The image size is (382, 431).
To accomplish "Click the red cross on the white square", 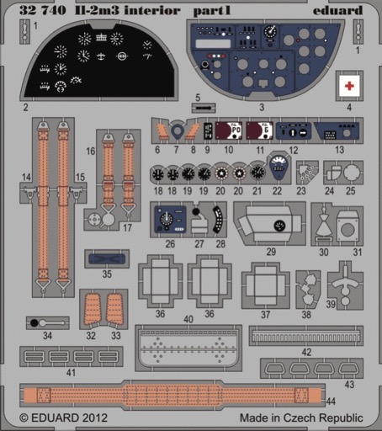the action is pos(349,86).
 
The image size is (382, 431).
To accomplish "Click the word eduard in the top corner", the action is pos(337,11).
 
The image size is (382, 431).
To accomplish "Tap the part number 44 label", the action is pos(331,402).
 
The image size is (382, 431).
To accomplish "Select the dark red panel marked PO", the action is pos(229,130).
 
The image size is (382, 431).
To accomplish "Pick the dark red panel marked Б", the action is pos(260,130).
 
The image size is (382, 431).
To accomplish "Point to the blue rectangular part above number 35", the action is pos(107,258).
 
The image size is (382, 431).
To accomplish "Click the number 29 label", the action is pos(271,252).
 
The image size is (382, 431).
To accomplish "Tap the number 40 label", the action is pos(188,319).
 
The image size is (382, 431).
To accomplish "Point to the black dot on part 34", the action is pos(34,323).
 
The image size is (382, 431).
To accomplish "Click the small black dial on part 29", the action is pos(279,226).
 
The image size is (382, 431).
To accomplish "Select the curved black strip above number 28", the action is pos(217,220).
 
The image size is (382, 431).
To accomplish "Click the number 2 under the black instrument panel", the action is pos(26,107).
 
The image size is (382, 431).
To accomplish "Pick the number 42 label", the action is pos(306,352).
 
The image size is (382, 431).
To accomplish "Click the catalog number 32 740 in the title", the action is pos(43,11).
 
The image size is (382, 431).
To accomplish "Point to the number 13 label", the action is pos(339,150).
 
